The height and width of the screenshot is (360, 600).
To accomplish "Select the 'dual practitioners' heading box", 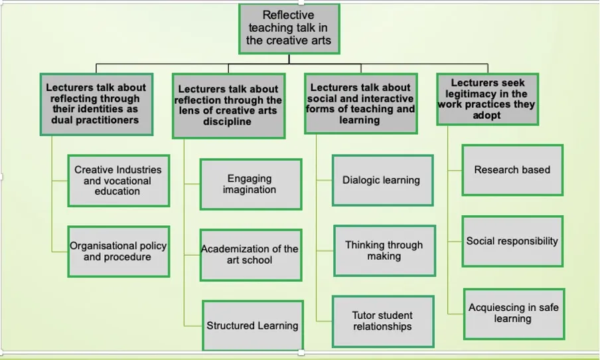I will pos(96,104).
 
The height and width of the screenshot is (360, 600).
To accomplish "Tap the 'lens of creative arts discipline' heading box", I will pos(228,106).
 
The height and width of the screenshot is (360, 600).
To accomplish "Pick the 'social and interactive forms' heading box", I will pos(360,104).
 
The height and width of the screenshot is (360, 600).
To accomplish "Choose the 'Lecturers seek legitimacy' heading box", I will pos(487,99).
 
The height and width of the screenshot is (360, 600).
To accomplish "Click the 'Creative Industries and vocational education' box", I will pos(118,181).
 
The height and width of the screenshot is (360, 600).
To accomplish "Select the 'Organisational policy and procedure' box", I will pos(118,251).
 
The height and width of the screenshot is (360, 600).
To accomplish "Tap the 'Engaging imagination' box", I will pos(250,184).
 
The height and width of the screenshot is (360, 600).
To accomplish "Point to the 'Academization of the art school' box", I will pos(250,254).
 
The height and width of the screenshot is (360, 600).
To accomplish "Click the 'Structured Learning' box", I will pos(252,325).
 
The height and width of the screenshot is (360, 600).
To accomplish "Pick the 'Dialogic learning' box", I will pos(382,180).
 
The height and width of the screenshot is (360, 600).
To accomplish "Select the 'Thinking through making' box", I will pos(384,250).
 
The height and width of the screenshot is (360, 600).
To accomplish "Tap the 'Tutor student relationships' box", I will pos(382,321).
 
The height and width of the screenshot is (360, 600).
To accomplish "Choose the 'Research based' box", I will pos(512,170).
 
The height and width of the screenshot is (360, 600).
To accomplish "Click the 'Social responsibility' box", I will pos(512,241).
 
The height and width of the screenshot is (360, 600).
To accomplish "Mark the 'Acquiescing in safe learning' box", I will pos(514,313).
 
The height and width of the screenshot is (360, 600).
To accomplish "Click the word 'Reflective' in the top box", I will pos(288,15).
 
